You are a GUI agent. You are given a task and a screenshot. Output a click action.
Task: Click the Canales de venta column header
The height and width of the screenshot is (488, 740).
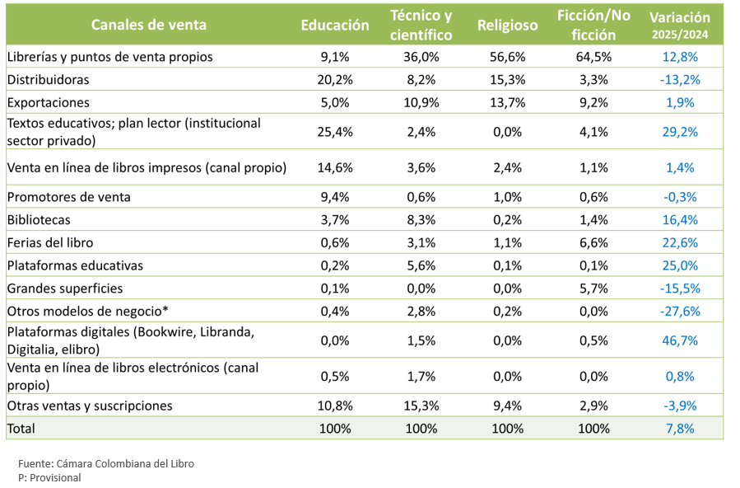coord(148,25)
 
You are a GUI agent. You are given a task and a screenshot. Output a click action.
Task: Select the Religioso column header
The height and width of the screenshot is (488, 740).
coord(507,25)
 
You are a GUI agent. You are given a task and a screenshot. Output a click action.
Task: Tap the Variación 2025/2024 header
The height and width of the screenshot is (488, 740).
coord(680,26)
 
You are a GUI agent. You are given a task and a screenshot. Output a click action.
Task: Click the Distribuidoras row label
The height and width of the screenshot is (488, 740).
coord(48,80)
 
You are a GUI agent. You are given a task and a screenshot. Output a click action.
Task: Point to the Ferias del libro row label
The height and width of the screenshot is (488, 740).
coord(50,242)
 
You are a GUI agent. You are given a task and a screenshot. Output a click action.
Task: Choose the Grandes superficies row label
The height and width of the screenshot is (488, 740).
coord(65,289)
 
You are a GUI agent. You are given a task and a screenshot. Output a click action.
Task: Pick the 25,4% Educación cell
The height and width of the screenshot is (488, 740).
coord(335,131)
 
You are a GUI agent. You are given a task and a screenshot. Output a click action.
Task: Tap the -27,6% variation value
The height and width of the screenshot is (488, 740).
coord(680,312)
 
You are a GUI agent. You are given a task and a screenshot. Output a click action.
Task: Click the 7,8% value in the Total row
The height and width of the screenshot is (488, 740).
coord(680,429)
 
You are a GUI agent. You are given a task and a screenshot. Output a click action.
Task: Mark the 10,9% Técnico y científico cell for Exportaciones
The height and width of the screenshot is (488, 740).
coord(421,103)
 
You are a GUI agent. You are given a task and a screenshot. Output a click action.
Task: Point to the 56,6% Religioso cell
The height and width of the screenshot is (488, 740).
coord(507,57)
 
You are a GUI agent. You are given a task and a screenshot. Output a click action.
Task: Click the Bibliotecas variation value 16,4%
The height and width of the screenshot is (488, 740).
coord(680,220)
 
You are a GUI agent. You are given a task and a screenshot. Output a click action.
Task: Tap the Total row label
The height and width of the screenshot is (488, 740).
coord(21,429)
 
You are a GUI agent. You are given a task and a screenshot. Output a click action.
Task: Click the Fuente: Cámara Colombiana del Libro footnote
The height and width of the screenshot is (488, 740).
coord(106,463)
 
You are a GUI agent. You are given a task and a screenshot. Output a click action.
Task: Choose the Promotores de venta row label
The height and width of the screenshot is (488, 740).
coord(69,197)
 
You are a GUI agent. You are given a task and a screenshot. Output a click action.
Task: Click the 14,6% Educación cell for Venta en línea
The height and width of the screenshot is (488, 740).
coord(335,167)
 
